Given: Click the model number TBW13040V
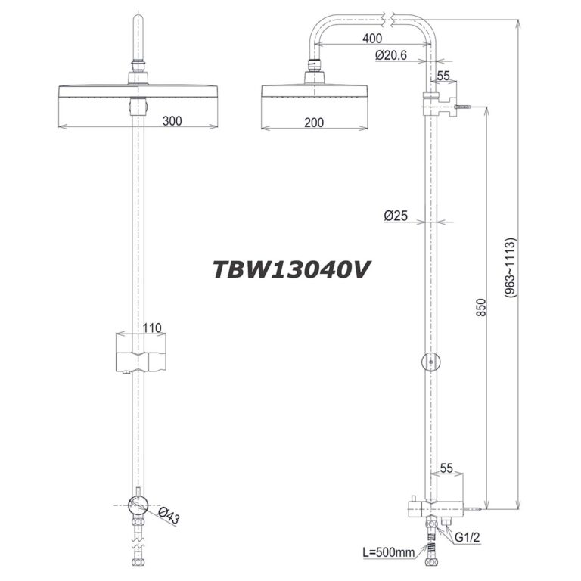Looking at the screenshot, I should click(x=290, y=269).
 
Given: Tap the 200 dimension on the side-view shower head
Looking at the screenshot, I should click(x=306, y=120).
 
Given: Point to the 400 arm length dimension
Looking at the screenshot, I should click(x=371, y=39).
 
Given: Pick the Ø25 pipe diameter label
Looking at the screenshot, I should click(x=396, y=216).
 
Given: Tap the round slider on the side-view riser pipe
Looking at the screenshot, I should click(x=430, y=364).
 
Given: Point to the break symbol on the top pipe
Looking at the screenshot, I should click(x=390, y=16).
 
